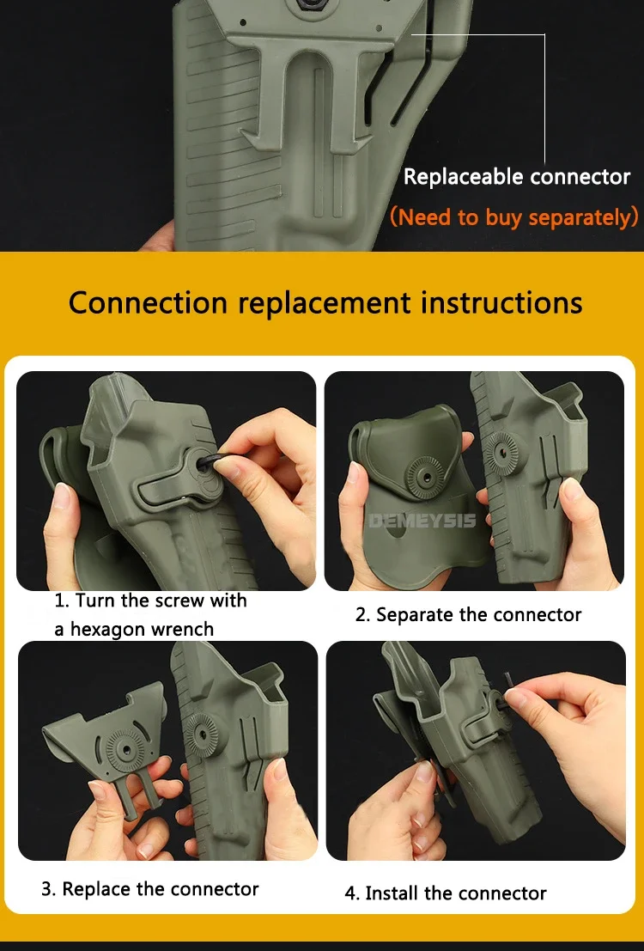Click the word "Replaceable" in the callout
(x=464, y=177)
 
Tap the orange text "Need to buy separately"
(x=514, y=217)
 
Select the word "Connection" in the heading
(x=148, y=302)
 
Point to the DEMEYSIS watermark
(x=422, y=521)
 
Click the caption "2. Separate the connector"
(x=468, y=615)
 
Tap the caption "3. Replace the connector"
(x=149, y=889)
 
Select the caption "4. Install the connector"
(x=446, y=893)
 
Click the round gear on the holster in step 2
(x=502, y=453)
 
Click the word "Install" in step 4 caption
(x=392, y=893)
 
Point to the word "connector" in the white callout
(x=580, y=177)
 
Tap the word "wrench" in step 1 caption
(x=182, y=630)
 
